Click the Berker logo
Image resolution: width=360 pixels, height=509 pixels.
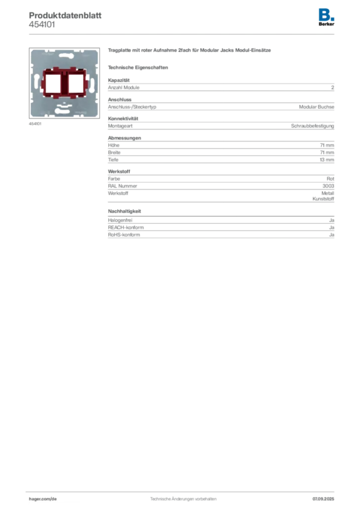(326, 17)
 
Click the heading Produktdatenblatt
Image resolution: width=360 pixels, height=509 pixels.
(65, 15)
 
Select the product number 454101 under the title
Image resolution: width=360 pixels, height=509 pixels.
(42, 25)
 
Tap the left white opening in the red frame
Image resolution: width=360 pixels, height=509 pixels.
(53, 84)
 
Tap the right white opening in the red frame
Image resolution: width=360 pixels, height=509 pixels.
(76, 84)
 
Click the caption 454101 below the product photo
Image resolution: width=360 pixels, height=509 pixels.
(35, 124)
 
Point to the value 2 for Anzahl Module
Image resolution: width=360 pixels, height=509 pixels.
(333, 87)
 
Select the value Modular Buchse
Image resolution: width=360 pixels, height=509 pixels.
(317, 107)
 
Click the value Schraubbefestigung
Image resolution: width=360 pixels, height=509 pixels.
(312, 126)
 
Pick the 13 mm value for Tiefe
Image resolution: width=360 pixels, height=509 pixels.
(327, 160)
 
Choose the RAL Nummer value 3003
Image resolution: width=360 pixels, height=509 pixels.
(328, 186)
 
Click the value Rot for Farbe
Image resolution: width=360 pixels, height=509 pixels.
(331, 178)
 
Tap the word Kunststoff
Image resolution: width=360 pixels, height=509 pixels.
(323, 199)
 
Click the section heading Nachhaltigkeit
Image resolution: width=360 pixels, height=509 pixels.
(124, 211)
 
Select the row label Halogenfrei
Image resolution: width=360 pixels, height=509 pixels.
(120, 220)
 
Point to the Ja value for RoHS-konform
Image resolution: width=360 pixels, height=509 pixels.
(332, 235)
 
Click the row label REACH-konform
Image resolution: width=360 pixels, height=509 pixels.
(126, 228)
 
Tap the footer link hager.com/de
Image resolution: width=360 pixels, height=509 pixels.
(43, 499)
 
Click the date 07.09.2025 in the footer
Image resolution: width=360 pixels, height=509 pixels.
(323, 499)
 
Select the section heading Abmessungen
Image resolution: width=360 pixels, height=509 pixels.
(124, 138)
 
